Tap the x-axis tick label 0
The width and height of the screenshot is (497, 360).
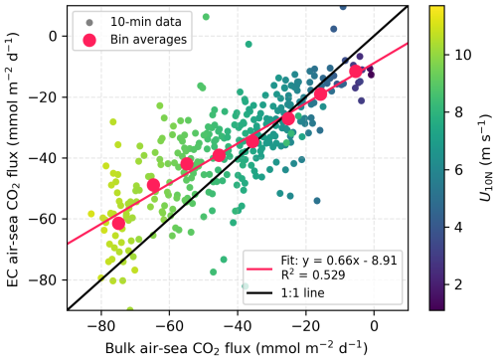374,323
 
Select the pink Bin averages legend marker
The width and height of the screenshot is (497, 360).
90,39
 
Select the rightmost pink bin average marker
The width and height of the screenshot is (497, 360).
356,71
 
